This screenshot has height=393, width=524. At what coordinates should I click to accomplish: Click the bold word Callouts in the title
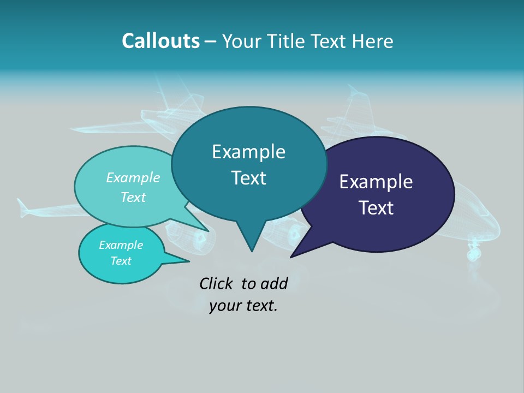pos(160,41)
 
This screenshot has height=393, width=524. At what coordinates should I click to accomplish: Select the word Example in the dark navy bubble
pos(376,182)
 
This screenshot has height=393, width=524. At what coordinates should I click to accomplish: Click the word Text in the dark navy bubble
pos(376,208)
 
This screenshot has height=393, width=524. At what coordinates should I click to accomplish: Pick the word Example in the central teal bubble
pos(248,152)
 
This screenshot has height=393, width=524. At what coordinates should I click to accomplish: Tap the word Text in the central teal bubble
pos(248,178)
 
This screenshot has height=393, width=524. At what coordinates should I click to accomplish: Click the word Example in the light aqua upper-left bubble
pos(133,177)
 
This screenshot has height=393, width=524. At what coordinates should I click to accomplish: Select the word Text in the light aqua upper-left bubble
pos(133,197)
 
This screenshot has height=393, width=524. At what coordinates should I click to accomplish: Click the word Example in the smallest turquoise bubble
pos(121,245)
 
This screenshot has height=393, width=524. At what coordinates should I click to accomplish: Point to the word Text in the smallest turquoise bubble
pos(121,261)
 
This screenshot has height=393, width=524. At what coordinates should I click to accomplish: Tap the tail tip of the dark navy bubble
pos(291,257)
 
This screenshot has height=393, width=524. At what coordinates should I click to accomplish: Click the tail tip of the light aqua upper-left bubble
pos(208,230)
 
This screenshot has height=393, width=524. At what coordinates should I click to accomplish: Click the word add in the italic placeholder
pos(273,283)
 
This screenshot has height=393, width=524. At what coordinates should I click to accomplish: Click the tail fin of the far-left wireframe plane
pos(23,207)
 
